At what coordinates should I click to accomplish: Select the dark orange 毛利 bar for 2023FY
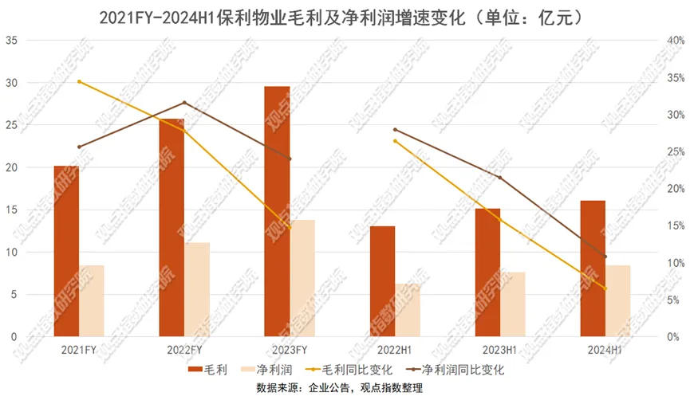pyautogui.click(x=277, y=211)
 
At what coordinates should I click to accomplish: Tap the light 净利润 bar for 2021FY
pyautogui.click(x=92, y=300)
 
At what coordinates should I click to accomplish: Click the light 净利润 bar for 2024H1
pyautogui.click(x=618, y=300)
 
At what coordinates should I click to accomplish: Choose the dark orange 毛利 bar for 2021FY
pyautogui.click(x=66, y=251)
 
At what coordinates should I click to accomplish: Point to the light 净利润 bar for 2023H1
pyautogui.click(x=513, y=304)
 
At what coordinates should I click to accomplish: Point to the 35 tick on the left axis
pyautogui.click(x=11, y=41)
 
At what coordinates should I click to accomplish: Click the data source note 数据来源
pyautogui.click(x=345, y=387)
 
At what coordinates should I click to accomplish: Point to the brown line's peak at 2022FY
pyautogui.click(x=184, y=103)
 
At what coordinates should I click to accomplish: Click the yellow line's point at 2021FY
pyautogui.click(x=79, y=81)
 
